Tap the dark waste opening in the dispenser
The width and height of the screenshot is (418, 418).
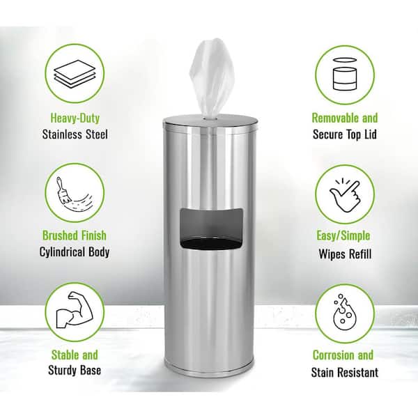coord(212,229)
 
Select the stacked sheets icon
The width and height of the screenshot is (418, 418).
coord(75,73)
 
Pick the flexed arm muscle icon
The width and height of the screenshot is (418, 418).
coord(75,310)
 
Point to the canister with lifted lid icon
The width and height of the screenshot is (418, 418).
coord(344,74)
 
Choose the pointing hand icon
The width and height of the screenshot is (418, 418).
coord(345,195)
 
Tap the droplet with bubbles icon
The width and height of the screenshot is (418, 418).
coord(344,312)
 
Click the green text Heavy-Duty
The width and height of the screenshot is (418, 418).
coord(75,118)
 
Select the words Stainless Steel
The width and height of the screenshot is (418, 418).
coord(75,134)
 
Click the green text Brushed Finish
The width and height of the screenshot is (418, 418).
coord(75,235)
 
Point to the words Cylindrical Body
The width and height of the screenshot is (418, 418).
coord(75,252)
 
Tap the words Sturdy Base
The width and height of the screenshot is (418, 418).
coord(75,371)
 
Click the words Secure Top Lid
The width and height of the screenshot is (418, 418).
coord(345,134)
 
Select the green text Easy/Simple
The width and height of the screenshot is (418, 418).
coord(343,236)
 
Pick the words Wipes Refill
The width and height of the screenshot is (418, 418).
coord(345,254)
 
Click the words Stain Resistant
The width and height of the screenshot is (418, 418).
coord(345,373)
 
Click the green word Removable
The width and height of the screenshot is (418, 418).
coord(335,118)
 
